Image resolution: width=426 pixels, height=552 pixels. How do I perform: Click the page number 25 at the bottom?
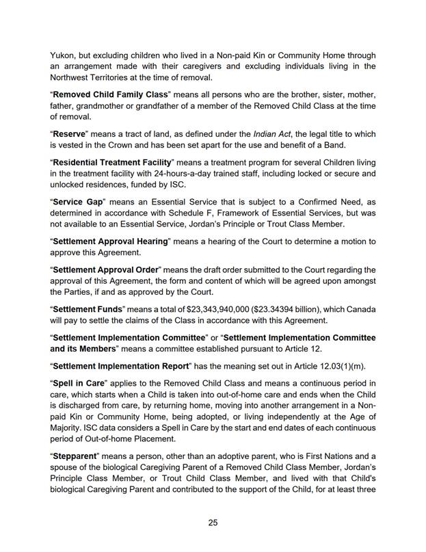(213, 523)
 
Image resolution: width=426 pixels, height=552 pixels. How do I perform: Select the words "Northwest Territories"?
(94, 80)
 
